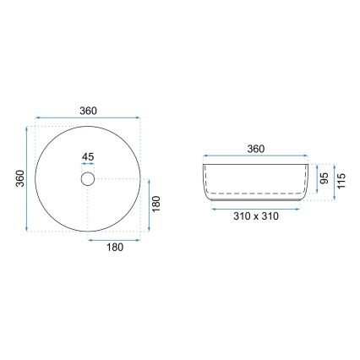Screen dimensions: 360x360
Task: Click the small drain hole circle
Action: (x=89, y=179)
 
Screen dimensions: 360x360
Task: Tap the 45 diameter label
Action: (x=89, y=156)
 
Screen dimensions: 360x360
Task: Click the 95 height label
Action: (x=323, y=179)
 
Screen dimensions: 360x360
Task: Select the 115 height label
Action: (x=341, y=182)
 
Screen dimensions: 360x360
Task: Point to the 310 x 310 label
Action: (x=257, y=216)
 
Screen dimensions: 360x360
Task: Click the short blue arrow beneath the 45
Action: (x=89, y=166)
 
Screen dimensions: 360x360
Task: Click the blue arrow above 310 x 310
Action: (x=257, y=206)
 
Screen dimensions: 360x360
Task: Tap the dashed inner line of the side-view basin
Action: (x=256, y=194)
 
